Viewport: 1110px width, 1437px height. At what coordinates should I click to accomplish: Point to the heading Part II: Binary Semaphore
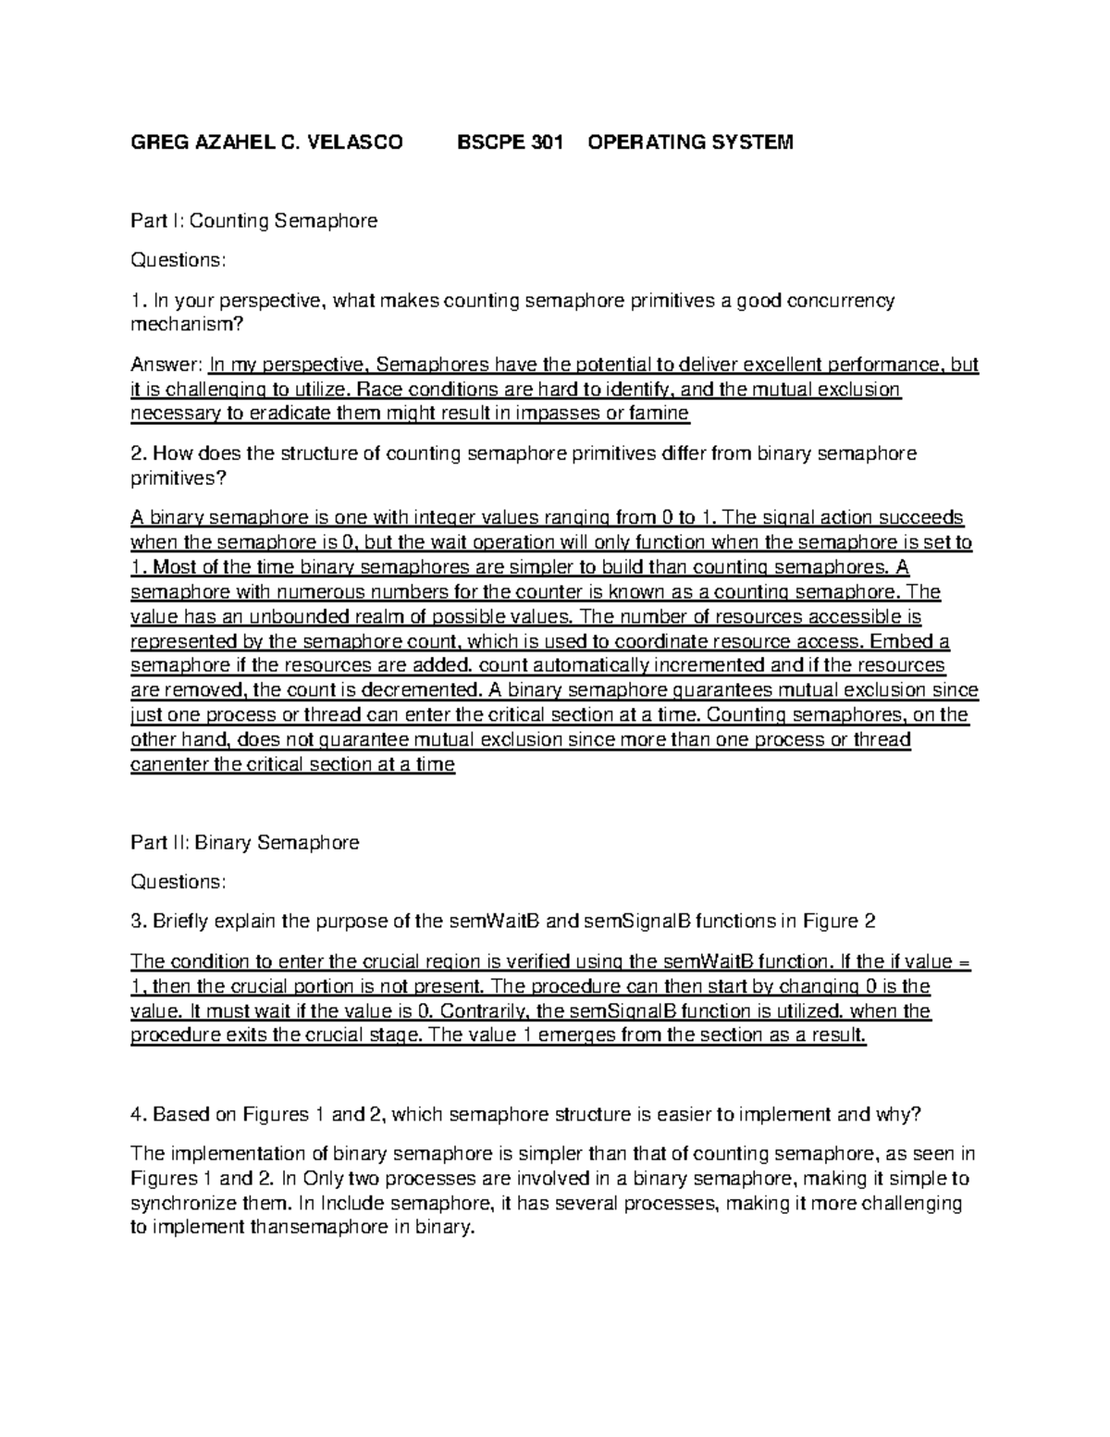[245, 843]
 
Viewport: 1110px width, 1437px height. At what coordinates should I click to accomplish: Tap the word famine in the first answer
[659, 414]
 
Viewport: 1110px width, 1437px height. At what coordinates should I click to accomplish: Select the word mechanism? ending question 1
[181, 325]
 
